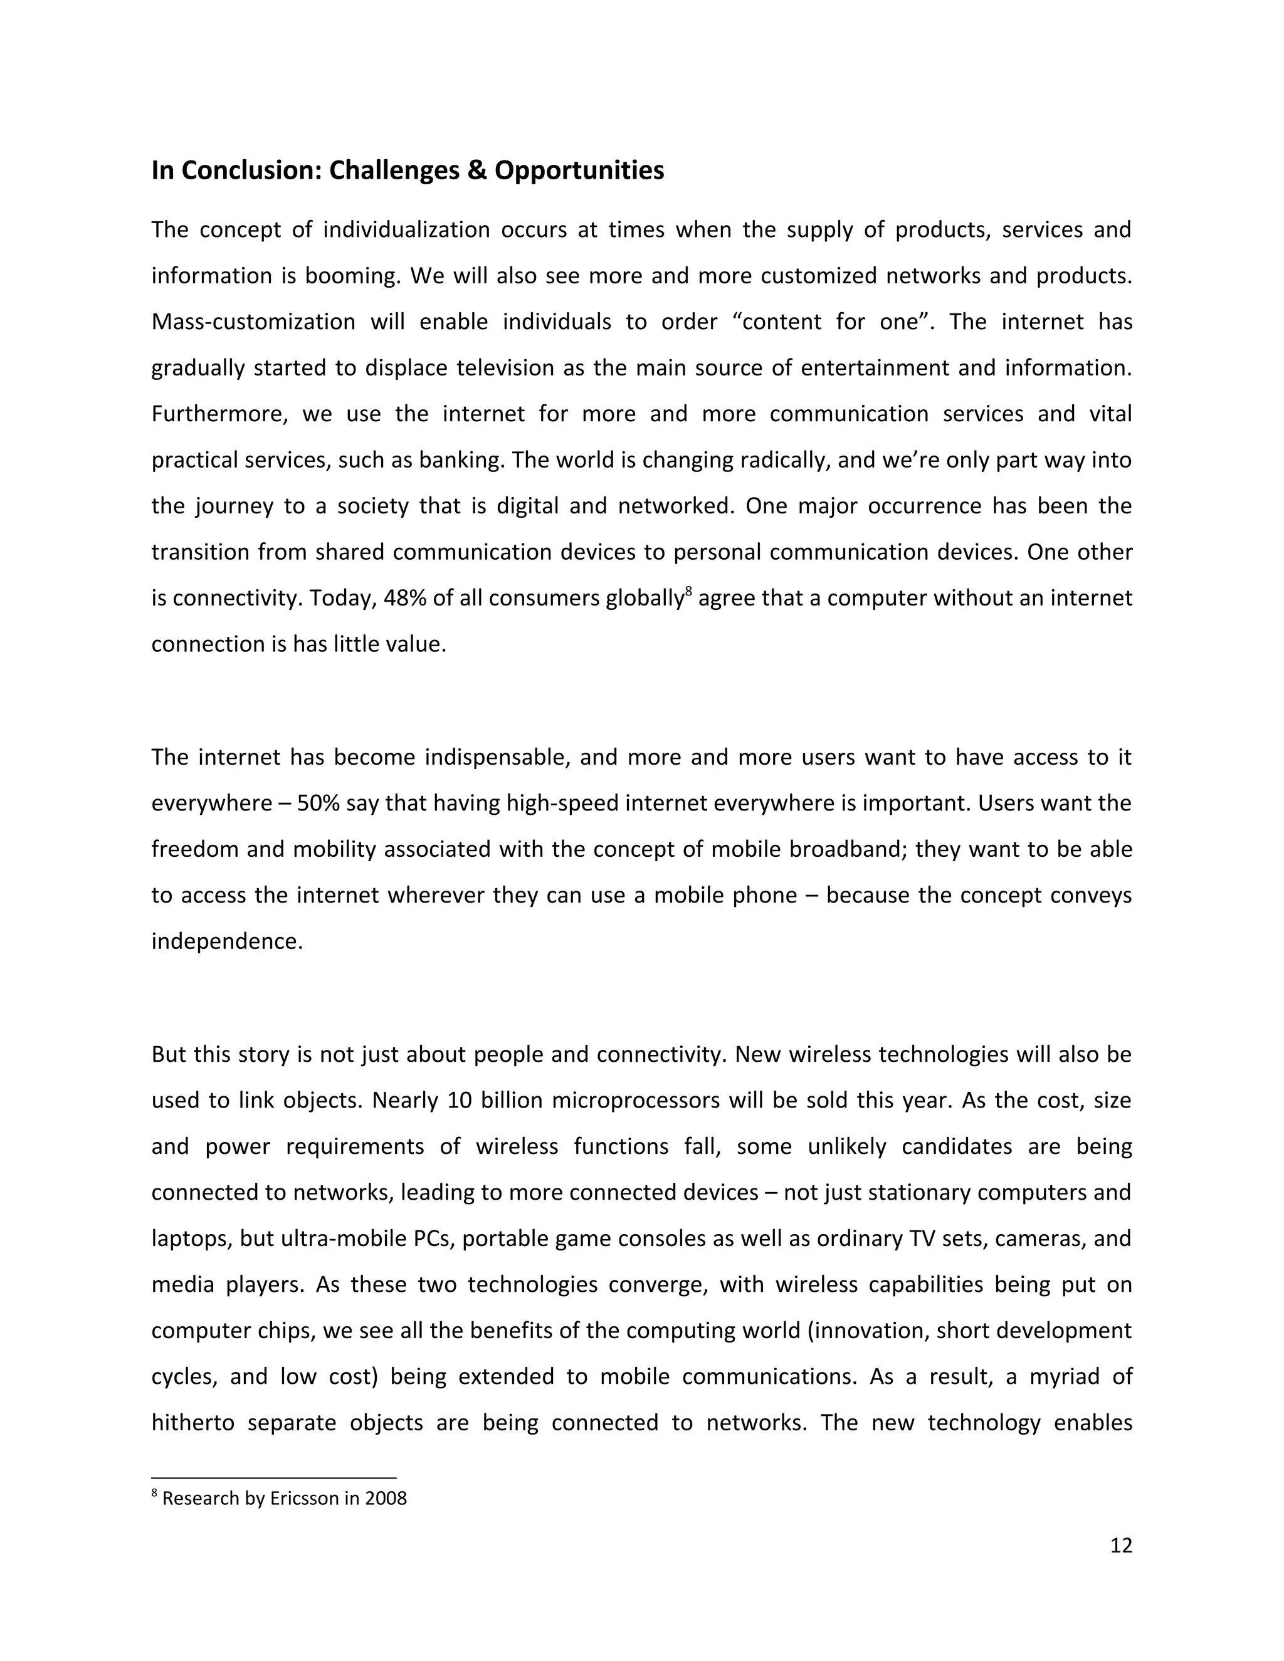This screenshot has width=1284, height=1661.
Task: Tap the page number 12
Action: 1120,1544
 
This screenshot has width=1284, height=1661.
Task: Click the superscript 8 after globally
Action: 688,591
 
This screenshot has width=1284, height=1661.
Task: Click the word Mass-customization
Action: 253,322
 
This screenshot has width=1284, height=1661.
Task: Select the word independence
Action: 227,941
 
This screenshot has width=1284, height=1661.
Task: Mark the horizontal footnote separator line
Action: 274,1478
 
